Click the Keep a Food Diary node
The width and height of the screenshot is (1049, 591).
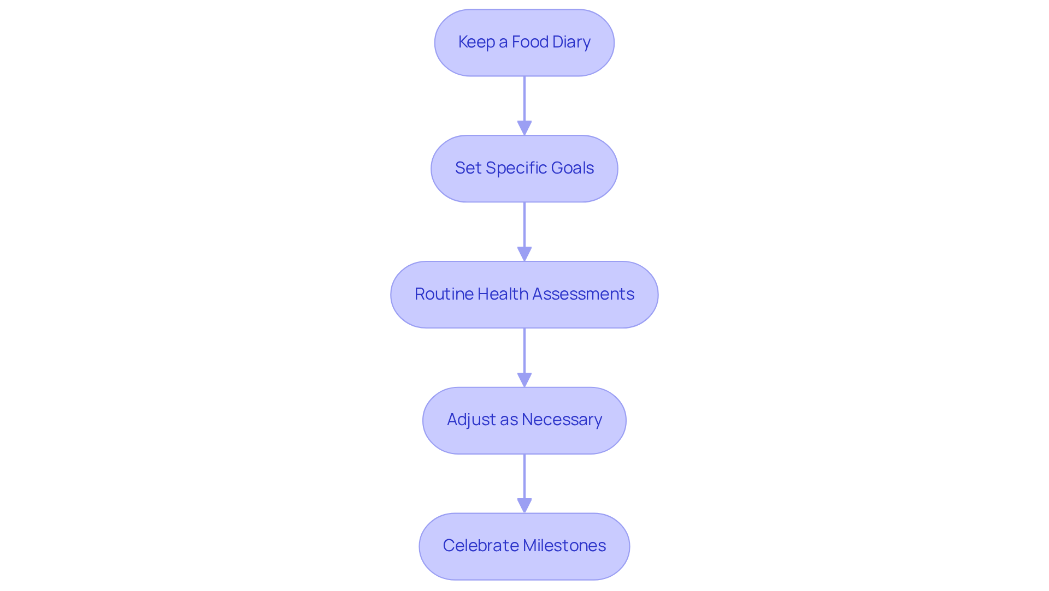[524, 43]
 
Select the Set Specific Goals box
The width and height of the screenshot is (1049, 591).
[524, 169]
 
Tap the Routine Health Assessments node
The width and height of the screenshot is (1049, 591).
[524, 295]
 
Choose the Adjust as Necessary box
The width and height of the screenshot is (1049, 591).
[524, 420]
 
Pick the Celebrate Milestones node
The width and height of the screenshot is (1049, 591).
[524, 546]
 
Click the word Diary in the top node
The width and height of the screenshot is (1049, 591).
[572, 42]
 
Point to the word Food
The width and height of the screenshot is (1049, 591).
[530, 42]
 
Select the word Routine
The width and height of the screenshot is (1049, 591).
[444, 294]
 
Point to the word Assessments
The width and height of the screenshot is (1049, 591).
[583, 294]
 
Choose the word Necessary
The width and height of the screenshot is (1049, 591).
[562, 420]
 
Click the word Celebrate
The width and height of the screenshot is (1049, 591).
[480, 546]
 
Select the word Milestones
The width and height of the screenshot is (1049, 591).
[564, 546]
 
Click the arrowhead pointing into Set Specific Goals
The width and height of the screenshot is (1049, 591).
[524, 128]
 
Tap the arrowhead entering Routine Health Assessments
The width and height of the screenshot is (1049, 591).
[524, 254]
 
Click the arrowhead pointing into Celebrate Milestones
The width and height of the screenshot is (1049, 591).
[524, 506]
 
